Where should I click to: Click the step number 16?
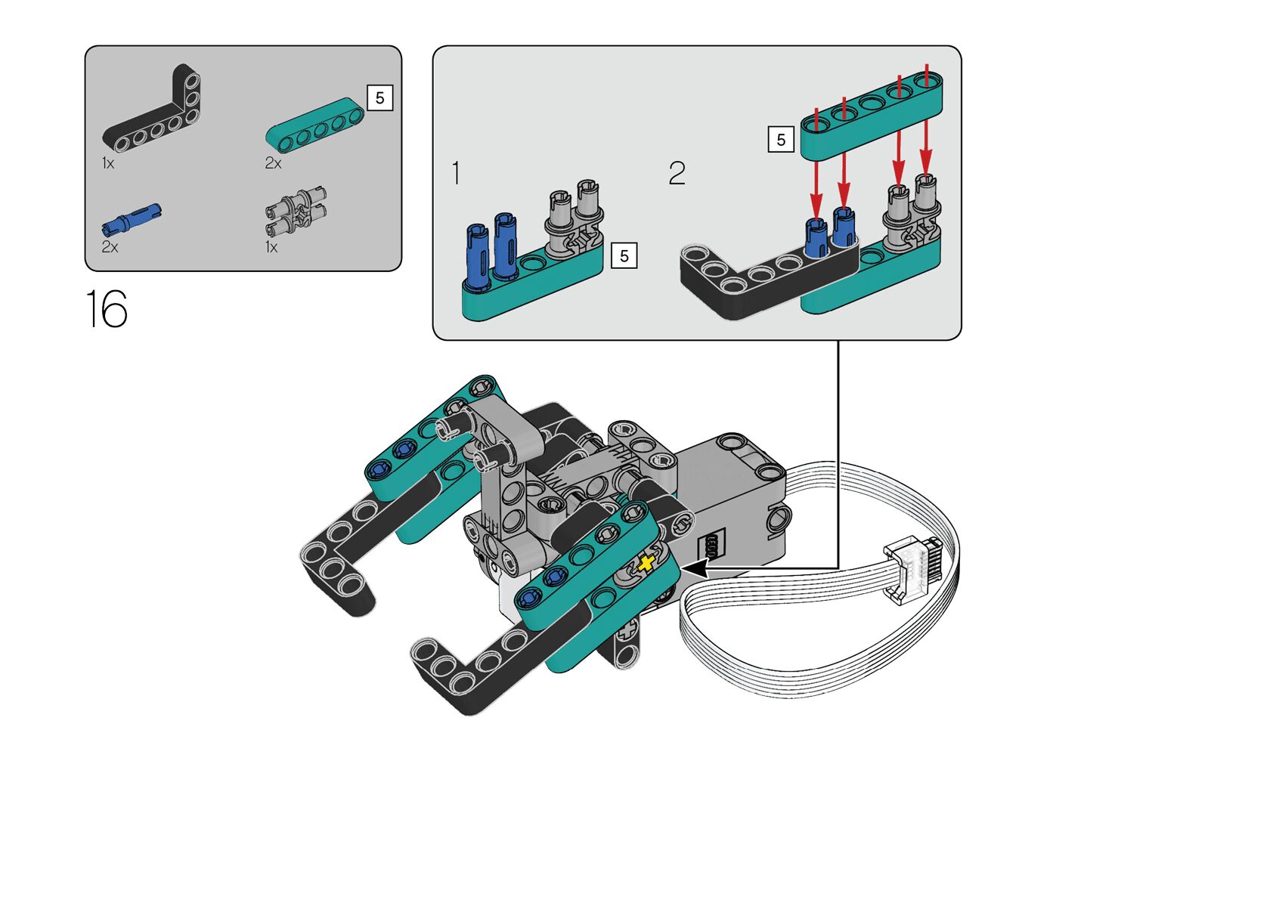pyautogui.click(x=107, y=308)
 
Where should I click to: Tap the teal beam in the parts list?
pyautogui.click(x=314, y=125)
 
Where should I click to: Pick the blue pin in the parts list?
pyautogui.click(x=132, y=220)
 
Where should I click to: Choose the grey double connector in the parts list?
pyautogui.click(x=296, y=212)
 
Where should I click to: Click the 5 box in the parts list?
pyautogui.click(x=379, y=98)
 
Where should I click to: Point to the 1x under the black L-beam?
pyautogui.click(x=108, y=164)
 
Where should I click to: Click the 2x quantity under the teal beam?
pyautogui.click(x=273, y=164)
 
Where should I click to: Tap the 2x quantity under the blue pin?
pyautogui.click(x=110, y=247)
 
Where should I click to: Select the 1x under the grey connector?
pyautogui.click(x=271, y=247)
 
